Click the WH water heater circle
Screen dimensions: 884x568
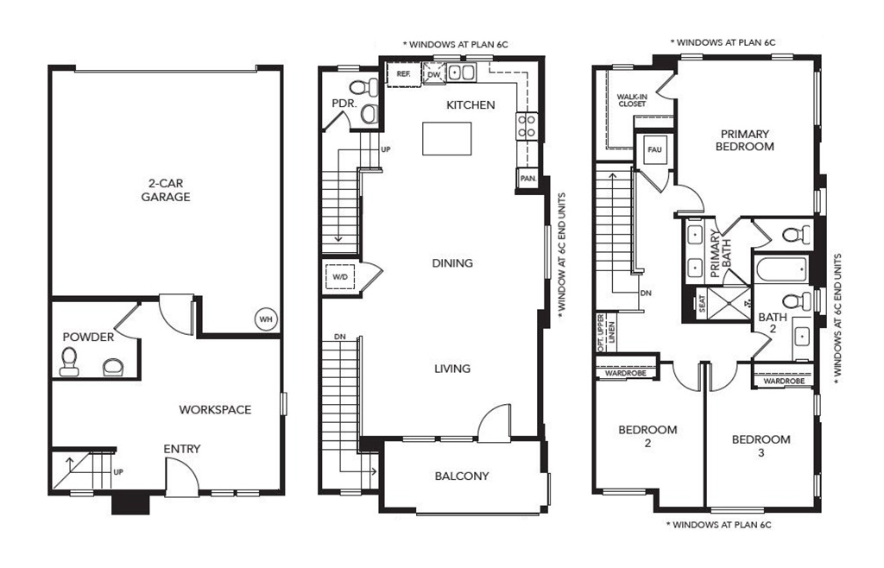(266, 319)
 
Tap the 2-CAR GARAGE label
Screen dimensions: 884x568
(166, 190)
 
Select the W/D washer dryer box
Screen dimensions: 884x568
(340, 277)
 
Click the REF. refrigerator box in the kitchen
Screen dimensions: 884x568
(404, 74)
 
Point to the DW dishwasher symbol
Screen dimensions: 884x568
(433, 74)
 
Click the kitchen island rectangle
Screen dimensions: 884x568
(447, 138)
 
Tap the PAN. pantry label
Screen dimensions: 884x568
(528, 179)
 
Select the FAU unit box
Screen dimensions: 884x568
(654, 149)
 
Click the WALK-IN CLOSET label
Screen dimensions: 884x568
(632, 100)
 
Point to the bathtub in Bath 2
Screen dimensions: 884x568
(781, 268)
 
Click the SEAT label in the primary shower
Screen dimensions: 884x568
(703, 304)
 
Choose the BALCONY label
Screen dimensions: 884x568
(462, 476)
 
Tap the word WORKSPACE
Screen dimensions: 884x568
(215, 410)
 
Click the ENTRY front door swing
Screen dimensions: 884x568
(182, 476)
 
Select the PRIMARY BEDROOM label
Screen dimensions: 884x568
(745, 141)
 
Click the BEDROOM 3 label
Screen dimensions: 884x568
(761, 445)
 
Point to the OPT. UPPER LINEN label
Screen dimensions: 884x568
(607, 333)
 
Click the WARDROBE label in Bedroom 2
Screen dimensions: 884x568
(625, 374)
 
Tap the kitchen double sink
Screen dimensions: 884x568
(463, 73)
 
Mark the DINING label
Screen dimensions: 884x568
(452, 263)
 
